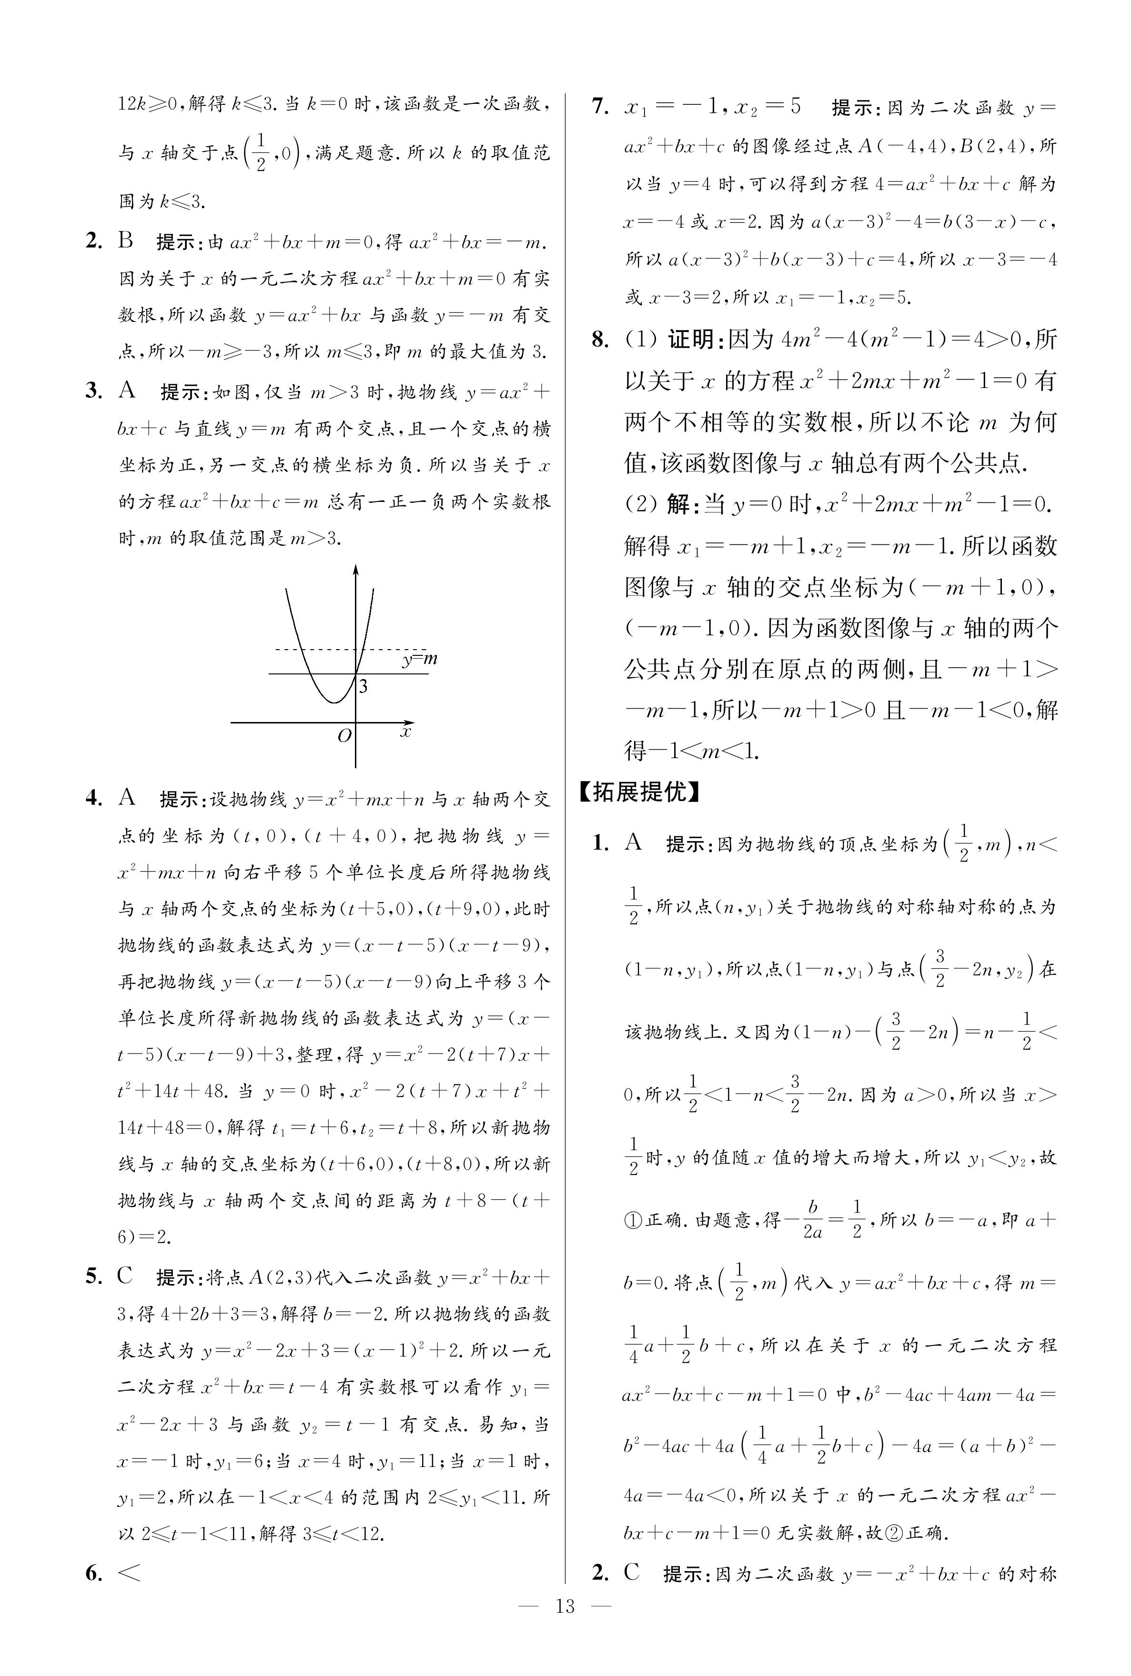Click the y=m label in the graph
(420, 659)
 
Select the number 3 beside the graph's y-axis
(364, 686)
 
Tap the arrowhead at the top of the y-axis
(355, 570)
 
